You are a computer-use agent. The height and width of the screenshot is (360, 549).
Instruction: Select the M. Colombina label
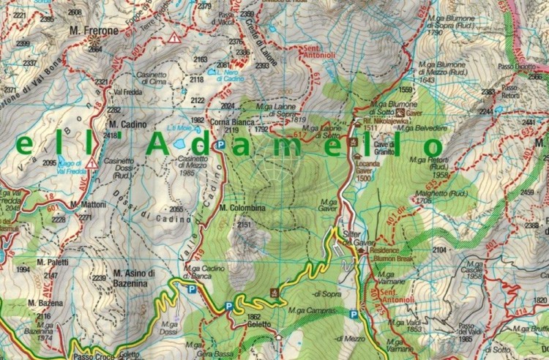tap(242, 208)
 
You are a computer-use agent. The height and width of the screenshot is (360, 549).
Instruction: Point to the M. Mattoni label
tap(89, 204)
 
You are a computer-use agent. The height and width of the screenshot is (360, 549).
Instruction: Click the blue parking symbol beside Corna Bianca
tap(220, 145)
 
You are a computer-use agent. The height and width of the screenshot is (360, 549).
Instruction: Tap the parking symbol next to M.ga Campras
tap(354, 315)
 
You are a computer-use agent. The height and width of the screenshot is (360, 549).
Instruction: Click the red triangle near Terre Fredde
tap(174, 37)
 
